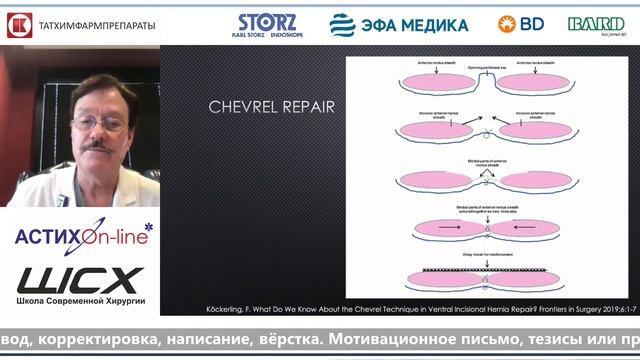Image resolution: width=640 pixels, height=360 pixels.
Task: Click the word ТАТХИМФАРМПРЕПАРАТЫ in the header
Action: [96, 26]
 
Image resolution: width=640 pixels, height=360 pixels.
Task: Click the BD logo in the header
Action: [521, 23]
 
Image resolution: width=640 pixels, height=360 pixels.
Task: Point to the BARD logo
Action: [596, 24]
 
